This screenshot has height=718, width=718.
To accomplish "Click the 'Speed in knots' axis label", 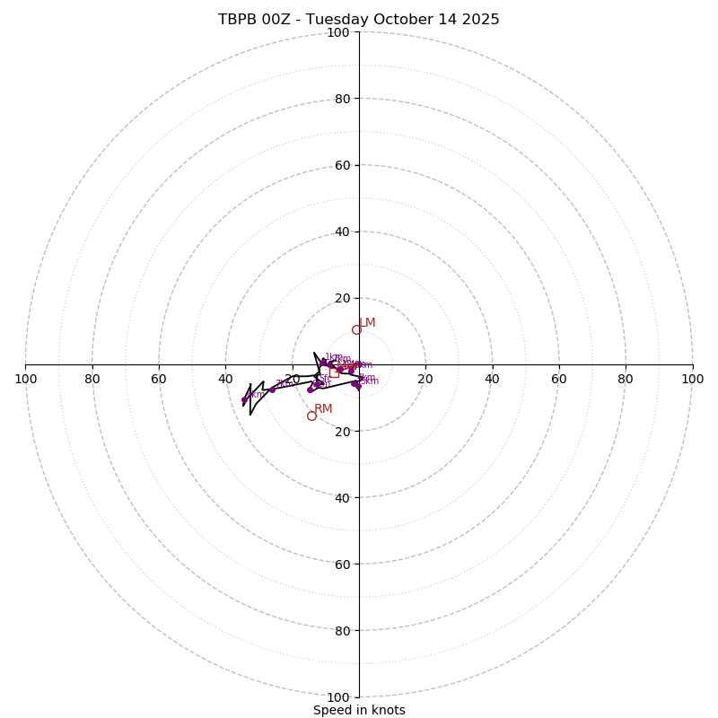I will click(x=359, y=710).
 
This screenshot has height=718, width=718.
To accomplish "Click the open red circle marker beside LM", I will click(x=356, y=329).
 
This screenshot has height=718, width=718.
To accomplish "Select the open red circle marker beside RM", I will click(x=311, y=416).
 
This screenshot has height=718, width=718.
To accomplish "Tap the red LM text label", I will click(x=367, y=323).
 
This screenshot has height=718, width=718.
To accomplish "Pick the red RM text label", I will click(x=323, y=409).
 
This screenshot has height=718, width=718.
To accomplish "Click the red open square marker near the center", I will click(x=334, y=373).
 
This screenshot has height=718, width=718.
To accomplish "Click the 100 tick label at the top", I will click(x=338, y=32).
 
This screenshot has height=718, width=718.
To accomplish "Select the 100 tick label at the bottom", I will click(x=338, y=696).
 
